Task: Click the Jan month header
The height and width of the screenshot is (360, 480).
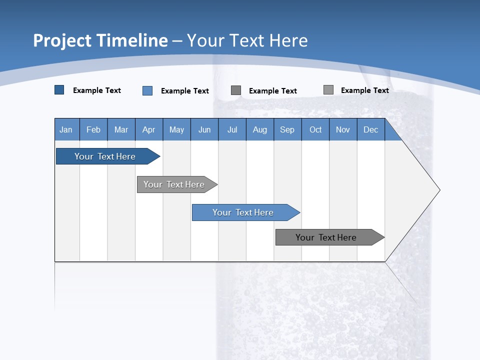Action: point(66,129)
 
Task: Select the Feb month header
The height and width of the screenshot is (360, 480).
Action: point(93,129)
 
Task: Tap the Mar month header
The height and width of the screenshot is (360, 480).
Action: point(121,129)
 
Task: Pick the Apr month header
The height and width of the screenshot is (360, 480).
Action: point(149,129)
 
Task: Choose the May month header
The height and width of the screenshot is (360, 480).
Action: point(176,129)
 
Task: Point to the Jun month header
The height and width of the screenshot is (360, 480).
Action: point(204,129)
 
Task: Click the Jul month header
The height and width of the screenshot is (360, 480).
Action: point(232,129)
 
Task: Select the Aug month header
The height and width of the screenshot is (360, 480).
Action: point(260,129)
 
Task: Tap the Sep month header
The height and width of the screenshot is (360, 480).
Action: point(287,129)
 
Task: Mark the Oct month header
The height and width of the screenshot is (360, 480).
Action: point(315,129)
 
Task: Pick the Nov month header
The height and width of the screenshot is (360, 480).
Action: point(343,129)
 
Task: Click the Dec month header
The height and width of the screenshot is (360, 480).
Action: point(371,129)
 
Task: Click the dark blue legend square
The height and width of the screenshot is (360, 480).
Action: point(59,90)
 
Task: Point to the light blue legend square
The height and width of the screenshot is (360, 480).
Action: point(147,90)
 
